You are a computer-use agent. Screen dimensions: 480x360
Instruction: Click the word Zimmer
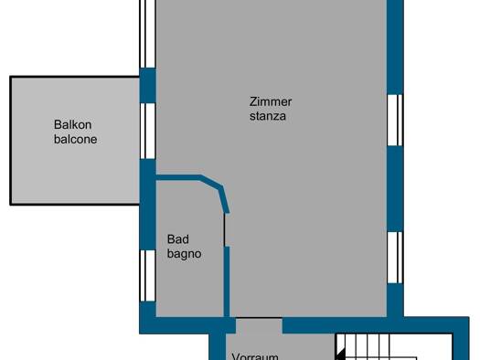(x=271, y=101)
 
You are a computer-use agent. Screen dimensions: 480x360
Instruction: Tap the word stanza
(x=268, y=116)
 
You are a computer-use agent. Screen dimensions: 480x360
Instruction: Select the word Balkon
(x=72, y=125)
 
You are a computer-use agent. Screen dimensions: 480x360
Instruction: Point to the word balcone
(x=75, y=140)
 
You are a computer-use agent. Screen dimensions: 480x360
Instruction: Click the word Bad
(x=178, y=239)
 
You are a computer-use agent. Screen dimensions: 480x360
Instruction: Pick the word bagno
(x=184, y=255)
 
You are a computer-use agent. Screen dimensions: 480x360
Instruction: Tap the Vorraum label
(x=255, y=356)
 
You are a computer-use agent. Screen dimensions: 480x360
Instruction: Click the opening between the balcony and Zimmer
(x=147, y=131)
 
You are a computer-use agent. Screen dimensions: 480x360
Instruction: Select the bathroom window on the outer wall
(x=147, y=276)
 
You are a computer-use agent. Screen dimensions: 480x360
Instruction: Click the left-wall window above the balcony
(x=147, y=34)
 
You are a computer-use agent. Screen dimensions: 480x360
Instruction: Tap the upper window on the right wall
(x=395, y=120)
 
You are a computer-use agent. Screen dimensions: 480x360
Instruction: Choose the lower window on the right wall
(x=395, y=258)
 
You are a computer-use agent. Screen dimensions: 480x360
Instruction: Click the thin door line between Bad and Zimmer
(x=225, y=229)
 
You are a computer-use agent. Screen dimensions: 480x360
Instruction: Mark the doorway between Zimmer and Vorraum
(x=259, y=325)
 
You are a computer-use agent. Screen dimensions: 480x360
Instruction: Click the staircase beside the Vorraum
(x=394, y=346)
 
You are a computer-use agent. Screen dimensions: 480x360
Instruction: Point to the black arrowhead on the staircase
(x=340, y=355)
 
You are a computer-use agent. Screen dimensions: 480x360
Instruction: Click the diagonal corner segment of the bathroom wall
(x=212, y=181)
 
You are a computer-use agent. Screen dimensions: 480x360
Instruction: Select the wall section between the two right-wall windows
(x=395, y=189)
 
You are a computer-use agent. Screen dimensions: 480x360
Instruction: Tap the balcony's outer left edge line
(x=11, y=141)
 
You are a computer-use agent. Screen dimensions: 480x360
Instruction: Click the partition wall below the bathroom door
(x=227, y=281)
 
